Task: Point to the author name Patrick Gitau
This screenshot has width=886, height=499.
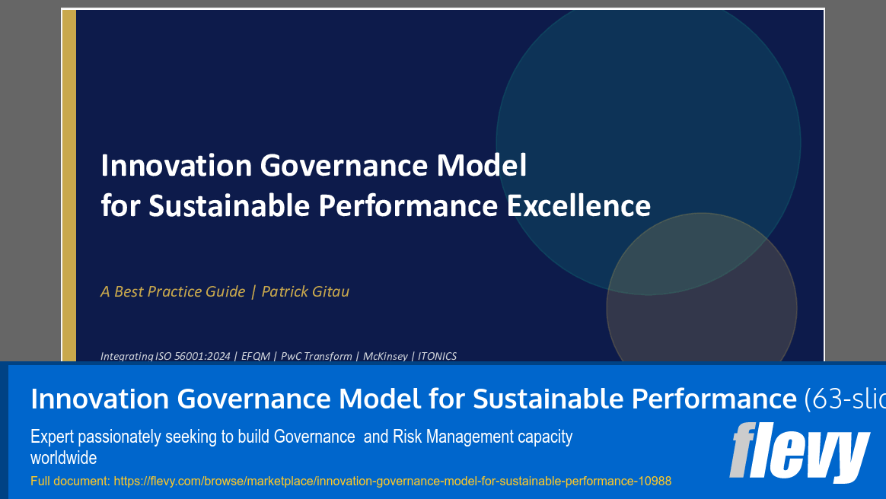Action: [x=305, y=291]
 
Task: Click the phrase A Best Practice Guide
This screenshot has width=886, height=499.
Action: [x=173, y=291]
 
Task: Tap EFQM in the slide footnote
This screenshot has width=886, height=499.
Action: [x=256, y=356]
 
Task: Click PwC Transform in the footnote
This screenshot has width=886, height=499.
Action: [x=317, y=356]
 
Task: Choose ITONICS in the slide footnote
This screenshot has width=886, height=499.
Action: [x=436, y=356]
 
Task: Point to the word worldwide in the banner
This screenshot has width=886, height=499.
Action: [x=63, y=458]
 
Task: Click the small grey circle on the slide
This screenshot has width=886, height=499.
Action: [x=701, y=308]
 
